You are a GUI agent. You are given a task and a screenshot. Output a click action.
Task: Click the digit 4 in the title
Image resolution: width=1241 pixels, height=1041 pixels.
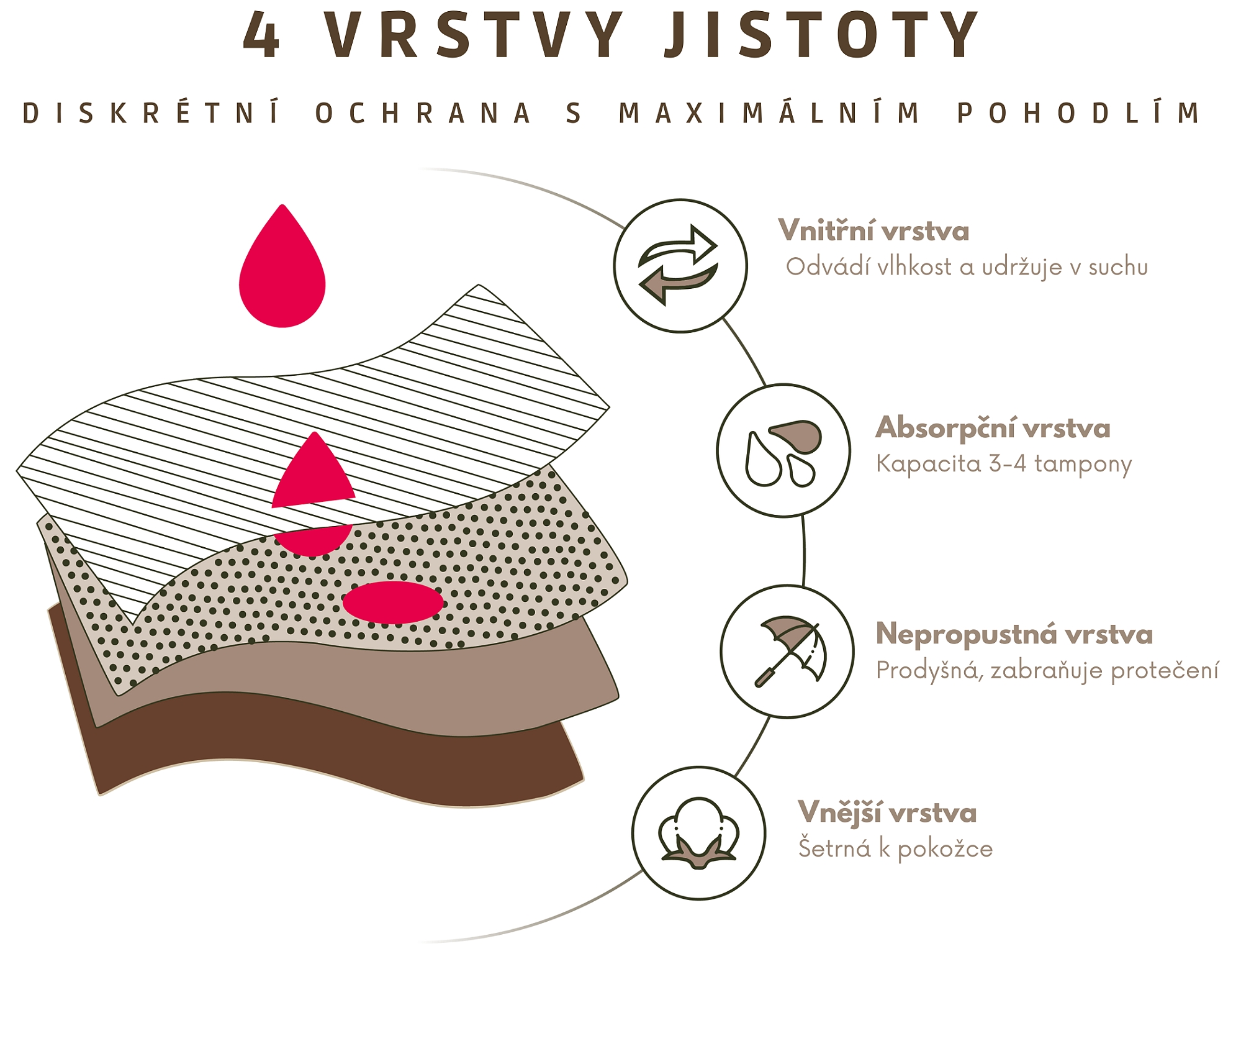pos(261,36)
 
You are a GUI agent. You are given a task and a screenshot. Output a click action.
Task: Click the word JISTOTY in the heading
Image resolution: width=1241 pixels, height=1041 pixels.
pos(821,36)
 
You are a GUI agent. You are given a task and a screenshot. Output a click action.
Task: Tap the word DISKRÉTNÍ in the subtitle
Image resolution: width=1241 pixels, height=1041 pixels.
pos(152,114)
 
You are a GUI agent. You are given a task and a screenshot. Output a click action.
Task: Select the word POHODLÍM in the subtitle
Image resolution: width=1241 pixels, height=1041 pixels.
pos(1079,114)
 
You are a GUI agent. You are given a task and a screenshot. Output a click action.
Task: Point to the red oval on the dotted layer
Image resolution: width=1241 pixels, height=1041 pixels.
pos(393,602)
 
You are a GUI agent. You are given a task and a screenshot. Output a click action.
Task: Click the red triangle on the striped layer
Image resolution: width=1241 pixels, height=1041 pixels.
pos(314,473)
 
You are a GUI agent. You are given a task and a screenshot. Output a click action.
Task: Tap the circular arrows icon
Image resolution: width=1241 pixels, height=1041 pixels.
pos(680,266)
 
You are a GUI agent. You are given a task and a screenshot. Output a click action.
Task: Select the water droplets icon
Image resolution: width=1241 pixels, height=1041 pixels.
pos(783,451)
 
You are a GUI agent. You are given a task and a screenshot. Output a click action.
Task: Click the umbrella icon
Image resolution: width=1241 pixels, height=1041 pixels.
pos(788,652)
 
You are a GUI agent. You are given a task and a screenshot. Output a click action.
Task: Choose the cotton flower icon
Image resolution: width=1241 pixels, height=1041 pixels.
pos(698,833)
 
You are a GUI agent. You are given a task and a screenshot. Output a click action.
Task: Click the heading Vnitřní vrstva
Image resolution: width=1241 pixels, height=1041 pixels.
pos(873,231)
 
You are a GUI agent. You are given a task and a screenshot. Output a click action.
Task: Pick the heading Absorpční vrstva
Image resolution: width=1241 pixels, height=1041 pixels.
pos(993,428)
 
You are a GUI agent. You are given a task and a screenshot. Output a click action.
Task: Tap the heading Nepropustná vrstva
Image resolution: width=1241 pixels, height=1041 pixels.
pos(1014,634)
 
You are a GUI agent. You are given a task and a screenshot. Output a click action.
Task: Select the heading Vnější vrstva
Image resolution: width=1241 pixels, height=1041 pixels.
pos(887,812)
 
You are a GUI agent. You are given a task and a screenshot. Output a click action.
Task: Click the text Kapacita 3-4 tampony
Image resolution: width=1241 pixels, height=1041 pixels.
pos(1004,464)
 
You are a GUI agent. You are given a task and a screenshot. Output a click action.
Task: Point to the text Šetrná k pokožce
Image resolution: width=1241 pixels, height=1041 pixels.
pos(895,848)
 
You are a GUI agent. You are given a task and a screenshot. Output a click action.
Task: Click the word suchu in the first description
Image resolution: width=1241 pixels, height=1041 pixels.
pos(1118,267)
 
